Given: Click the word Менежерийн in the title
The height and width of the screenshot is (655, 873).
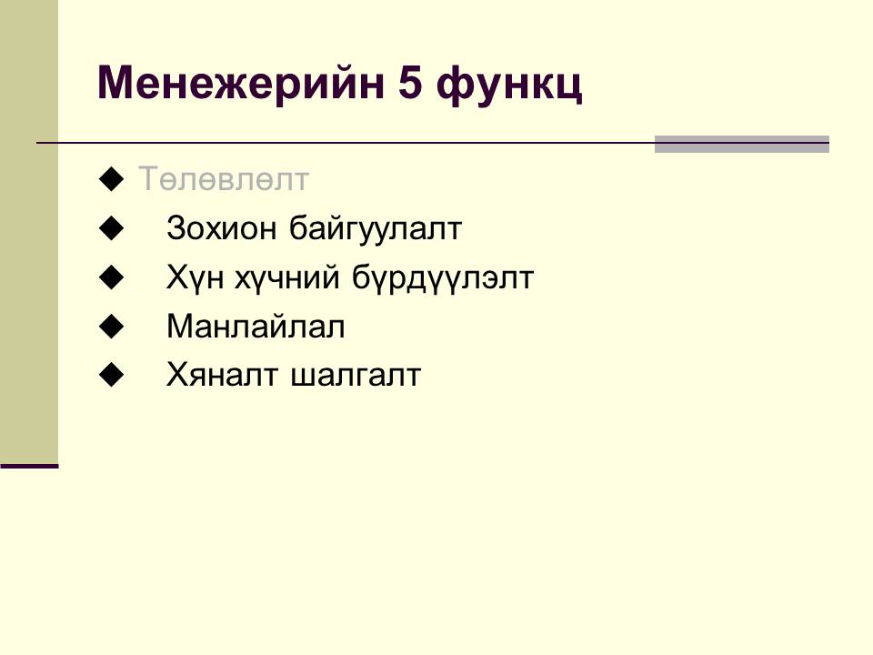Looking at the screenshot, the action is coord(241,84).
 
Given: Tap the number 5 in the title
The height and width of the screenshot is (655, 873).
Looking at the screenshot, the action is coord(410,83).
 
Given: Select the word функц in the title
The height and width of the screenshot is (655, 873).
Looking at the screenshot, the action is coord(509,86).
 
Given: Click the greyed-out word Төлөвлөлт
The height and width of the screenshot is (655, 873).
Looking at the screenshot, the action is coord(224,179).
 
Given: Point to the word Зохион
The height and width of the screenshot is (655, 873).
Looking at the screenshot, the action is coord(221,227).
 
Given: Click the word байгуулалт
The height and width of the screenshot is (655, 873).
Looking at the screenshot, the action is coord(376,229).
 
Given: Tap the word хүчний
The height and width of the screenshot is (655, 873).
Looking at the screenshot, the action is coord(287,278).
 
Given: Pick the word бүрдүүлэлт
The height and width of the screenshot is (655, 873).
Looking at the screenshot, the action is coord(443,278).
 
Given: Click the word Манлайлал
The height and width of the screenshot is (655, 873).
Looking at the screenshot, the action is coord(256,326).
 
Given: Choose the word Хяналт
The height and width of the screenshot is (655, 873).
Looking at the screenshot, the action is coord(222,374).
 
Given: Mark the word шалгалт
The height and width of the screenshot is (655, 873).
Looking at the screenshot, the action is coord(356,376).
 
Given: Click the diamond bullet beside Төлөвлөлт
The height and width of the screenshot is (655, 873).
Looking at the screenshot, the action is coord(111,179).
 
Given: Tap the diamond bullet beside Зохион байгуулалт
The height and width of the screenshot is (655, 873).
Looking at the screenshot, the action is coord(111,228).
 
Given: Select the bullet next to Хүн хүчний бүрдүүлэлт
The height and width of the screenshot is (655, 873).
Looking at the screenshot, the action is coord(111,277).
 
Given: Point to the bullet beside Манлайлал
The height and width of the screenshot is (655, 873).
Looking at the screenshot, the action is coord(111,327).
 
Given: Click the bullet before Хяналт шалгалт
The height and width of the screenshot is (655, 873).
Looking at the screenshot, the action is coord(111,375).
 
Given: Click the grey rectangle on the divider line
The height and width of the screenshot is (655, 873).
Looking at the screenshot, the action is coord(742,144).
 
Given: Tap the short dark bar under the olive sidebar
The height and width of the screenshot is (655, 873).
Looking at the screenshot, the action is coord(29,466).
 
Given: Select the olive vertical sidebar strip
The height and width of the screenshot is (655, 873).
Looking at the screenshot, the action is coord(29,232).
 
